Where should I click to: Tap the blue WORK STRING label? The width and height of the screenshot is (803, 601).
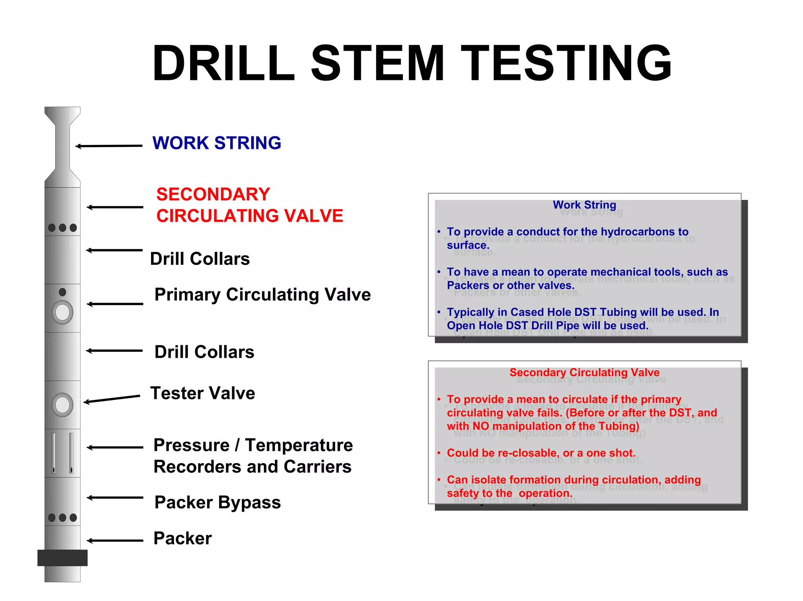tap(217, 143)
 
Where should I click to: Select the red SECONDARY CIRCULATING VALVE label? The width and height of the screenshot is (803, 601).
tap(249, 205)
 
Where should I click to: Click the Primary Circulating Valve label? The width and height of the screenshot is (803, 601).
tap(262, 295)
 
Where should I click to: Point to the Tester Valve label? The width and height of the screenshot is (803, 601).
tap(203, 393)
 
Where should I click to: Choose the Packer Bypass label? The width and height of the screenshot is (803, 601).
tap(218, 502)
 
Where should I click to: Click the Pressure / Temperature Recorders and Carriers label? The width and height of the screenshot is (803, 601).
tap(253, 456)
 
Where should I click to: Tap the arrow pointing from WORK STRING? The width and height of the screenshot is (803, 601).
tap(109, 146)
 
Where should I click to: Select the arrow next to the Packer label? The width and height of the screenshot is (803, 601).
tap(114, 541)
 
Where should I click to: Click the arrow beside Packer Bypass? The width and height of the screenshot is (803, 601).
tap(114, 498)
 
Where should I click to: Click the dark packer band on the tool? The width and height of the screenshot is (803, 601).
tap(62, 558)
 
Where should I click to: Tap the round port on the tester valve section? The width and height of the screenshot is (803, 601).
tap(62, 405)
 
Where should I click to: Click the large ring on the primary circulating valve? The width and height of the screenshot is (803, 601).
tap(62, 312)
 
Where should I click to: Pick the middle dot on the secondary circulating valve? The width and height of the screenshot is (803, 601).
tap(62, 228)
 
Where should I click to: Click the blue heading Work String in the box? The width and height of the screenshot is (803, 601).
tap(584, 205)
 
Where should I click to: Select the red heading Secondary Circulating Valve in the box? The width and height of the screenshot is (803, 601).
tap(584, 373)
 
